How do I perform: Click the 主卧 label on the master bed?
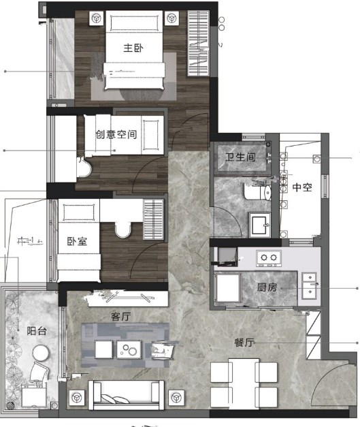[x=133, y=48]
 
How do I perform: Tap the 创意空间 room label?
[x=116, y=134]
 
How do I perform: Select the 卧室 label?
[x=77, y=241]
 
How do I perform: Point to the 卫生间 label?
[x=240, y=157]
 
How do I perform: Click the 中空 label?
[x=302, y=187]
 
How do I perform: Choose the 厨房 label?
[x=267, y=287]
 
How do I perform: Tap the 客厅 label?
[x=121, y=317]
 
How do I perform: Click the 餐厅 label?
[x=244, y=343]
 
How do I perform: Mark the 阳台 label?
[x=37, y=331]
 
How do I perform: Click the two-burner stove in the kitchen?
[x=269, y=258]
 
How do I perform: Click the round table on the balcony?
[x=41, y=353]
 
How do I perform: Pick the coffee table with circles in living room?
[x=129, y=349]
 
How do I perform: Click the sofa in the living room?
[x=127, y=395]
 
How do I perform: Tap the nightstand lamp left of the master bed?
[x=97, y=18]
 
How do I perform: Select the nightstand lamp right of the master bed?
[x=172, y=18]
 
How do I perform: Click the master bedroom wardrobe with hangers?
[x=198, y=44]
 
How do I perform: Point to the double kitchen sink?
[x=310, y=286]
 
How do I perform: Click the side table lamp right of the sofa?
[x=176, y=398]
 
